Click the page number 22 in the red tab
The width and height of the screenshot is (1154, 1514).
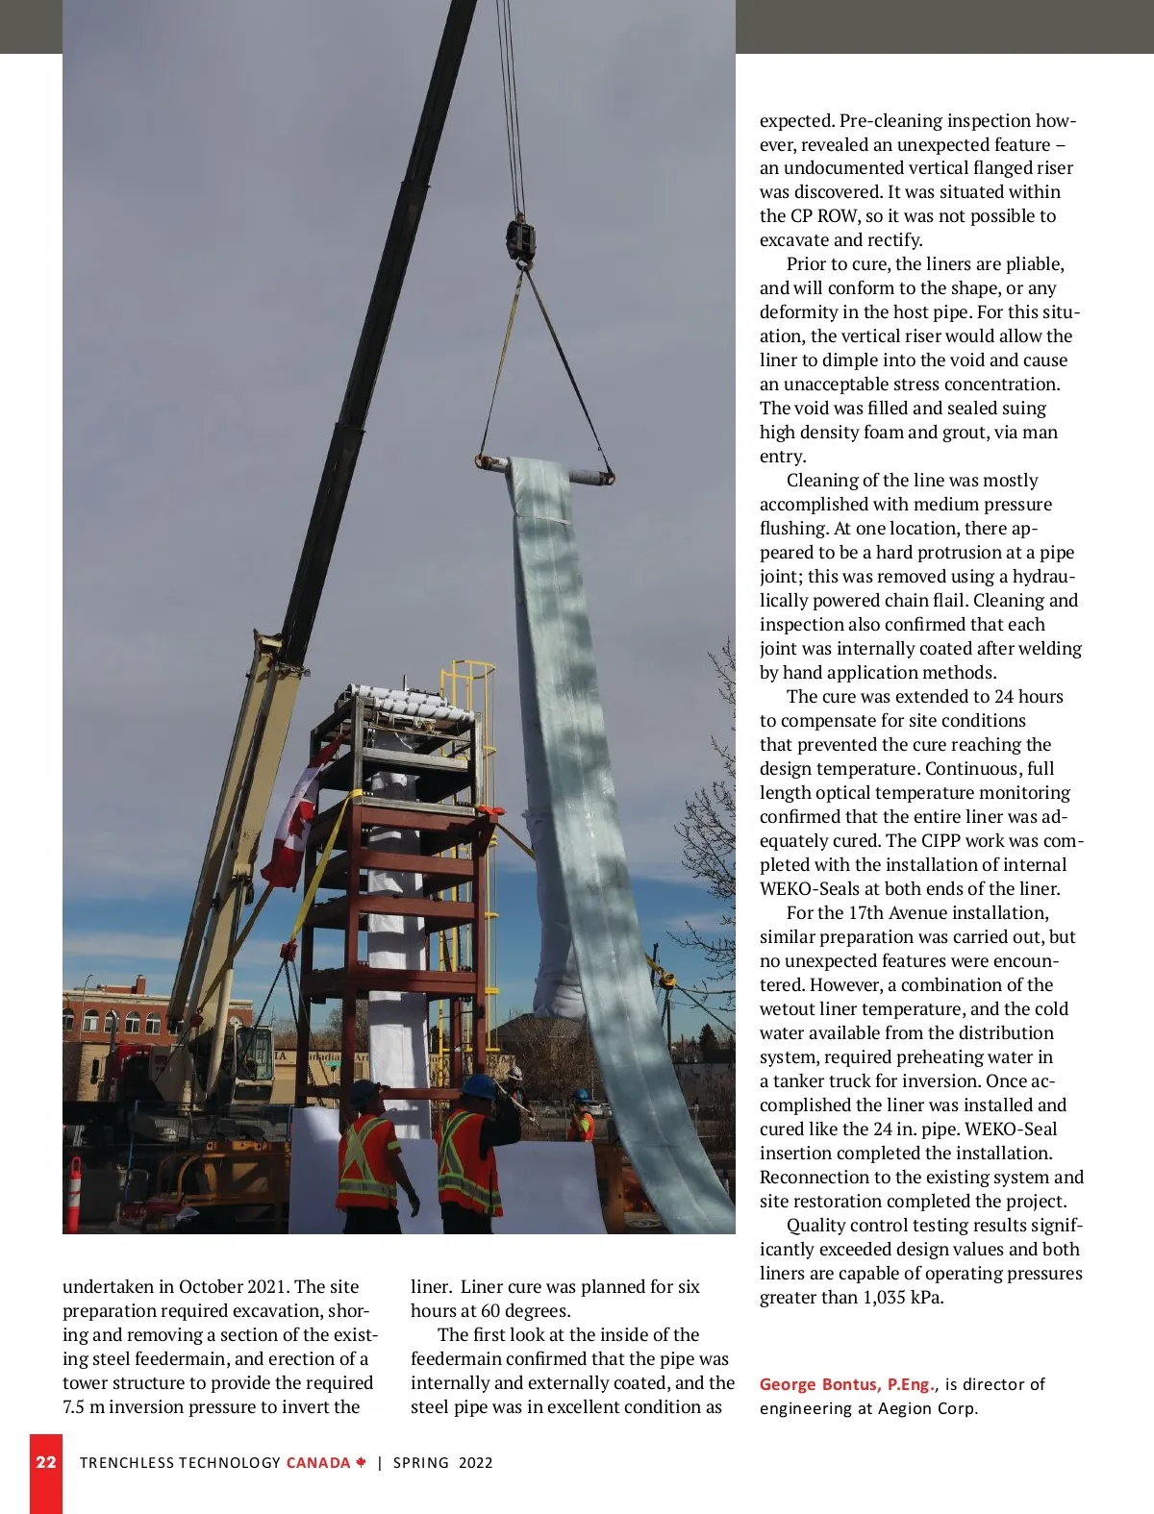pos(45,1462)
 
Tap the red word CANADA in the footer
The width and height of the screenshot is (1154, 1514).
pos(318,1463)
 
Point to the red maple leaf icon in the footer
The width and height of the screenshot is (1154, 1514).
pos(361,1462)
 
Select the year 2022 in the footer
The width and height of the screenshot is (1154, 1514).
pos(475,1463)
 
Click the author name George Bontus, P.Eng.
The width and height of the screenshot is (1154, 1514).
pos(845,1384)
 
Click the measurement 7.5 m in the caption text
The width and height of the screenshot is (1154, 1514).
pos(84,1407)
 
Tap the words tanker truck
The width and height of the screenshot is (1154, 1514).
pos(829,1081)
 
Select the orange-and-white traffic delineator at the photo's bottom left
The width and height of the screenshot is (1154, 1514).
pos(74,1191)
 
